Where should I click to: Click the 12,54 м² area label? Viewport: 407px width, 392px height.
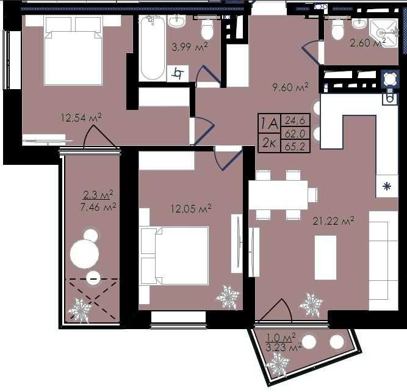pyautogui.click(x=81, y=118)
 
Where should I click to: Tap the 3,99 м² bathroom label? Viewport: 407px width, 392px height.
pyautogui.click(x=190, y=47)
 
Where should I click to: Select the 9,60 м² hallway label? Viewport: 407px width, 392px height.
pyautogui.click(x=290, y=87)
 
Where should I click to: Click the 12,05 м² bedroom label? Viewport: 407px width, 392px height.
pyautogui.click(x=191, y=208)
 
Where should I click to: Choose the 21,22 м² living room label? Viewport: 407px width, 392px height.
pyautogui.click(x=333, y=221)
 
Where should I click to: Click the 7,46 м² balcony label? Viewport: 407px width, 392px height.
pyautogui.click(x=98, y=207)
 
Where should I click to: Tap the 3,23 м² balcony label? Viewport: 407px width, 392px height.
pyautogui.click(x=284, y=347)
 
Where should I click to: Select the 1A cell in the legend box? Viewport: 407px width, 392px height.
pyautogui.click(x=269, y=123)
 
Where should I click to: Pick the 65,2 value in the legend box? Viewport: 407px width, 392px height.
pyautogui.click(x=295, y=147)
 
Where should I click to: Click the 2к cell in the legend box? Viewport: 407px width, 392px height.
pyautogui.click(x=269, y=143)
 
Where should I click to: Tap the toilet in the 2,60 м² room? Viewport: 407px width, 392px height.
pyautogui.click(x=337, y=29)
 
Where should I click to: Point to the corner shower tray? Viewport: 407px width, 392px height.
pyautogui.click(x=384, y=32)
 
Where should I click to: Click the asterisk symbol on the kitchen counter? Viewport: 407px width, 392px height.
pyautogui.click(x=387, y=186)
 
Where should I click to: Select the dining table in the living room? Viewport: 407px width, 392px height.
pyautogui.click(x=278, y=195)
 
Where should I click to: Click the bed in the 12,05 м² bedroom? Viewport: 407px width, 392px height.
pyautogui.click(x=175, y=256)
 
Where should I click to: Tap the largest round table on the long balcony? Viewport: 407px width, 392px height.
pyautogui.click(x=84, y=254)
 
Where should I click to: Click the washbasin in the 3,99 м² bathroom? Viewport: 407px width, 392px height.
pyautogui.click(x=176, y=21)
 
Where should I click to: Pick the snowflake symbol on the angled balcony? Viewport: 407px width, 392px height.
pyautogui.click(x=278, y=364)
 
